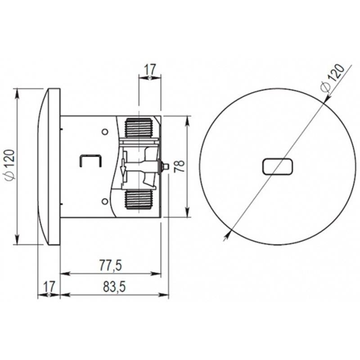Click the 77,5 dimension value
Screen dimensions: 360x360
point(110,265)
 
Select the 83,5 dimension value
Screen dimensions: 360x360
point(114,287)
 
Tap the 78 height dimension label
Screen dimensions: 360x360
point(179,166)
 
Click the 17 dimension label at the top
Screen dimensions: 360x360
point(150,69)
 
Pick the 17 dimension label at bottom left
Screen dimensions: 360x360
point(49,286)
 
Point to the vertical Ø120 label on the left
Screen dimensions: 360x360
point(10,164)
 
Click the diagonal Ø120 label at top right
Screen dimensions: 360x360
point(333,78)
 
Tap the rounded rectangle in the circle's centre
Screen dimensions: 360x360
point(278,166)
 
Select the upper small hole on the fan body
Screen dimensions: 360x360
point(105,132)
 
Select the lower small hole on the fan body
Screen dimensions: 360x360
point(105,202)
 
